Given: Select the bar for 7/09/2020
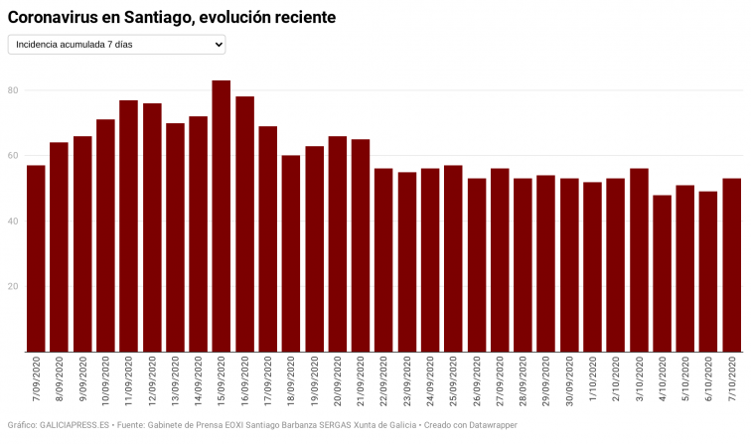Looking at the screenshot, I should pyautogui.click(x=36, y=258).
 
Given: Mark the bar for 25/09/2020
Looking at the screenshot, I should pyautogui.click(x=453, y=258).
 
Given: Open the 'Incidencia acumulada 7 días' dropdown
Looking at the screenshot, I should pyautogui.click(x=116, y=45).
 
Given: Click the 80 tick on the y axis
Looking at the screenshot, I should pyautogui.click(x=13, y=90).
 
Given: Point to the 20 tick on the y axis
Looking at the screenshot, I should pyautogui.click(x=13, y=286).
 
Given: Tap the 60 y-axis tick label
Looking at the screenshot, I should pyautogui.click(x=13, y=156).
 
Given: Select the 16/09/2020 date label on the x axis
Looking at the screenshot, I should pyautogui.click(x=244, y=382).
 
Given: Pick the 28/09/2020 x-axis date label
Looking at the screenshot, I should pyautogui.click(x=524, y=382).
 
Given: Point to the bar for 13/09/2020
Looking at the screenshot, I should pyautogui.click(x=175, y=237).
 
